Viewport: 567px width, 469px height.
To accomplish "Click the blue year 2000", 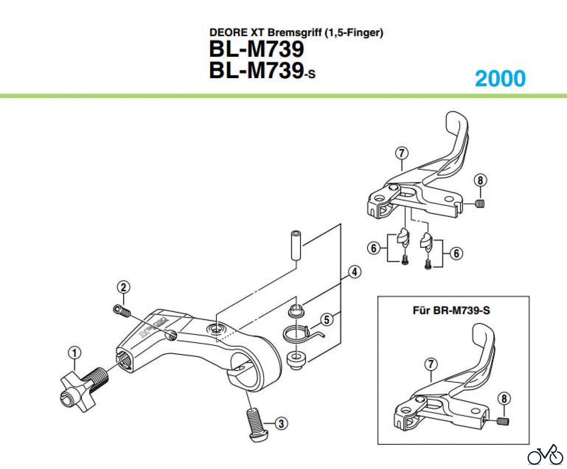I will click(500, 78).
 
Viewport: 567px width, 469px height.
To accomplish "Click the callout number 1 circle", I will click(75, 353).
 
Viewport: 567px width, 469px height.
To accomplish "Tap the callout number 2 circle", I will click(123, 287).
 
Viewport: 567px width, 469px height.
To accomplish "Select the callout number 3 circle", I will click(281, 424).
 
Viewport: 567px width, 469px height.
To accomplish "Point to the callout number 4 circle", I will click(355, 272).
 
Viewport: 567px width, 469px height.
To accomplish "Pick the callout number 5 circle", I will click(327, 320).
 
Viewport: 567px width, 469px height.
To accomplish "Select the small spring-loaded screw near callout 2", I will click(122, 311).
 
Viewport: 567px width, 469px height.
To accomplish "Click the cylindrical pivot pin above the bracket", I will click(296, 246).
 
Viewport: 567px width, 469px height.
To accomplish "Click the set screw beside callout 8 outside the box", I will click(480, 204).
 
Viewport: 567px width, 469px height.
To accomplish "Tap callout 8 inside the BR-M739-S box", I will click(504, 399).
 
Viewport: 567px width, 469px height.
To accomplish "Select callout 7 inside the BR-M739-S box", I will click(431, 364).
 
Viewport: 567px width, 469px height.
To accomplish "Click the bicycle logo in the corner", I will click(545, 455).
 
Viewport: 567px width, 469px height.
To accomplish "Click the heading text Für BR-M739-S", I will click(451, 310).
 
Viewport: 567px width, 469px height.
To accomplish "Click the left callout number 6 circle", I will click(374, 248).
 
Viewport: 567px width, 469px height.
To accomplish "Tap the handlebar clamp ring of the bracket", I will click(255, 362).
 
